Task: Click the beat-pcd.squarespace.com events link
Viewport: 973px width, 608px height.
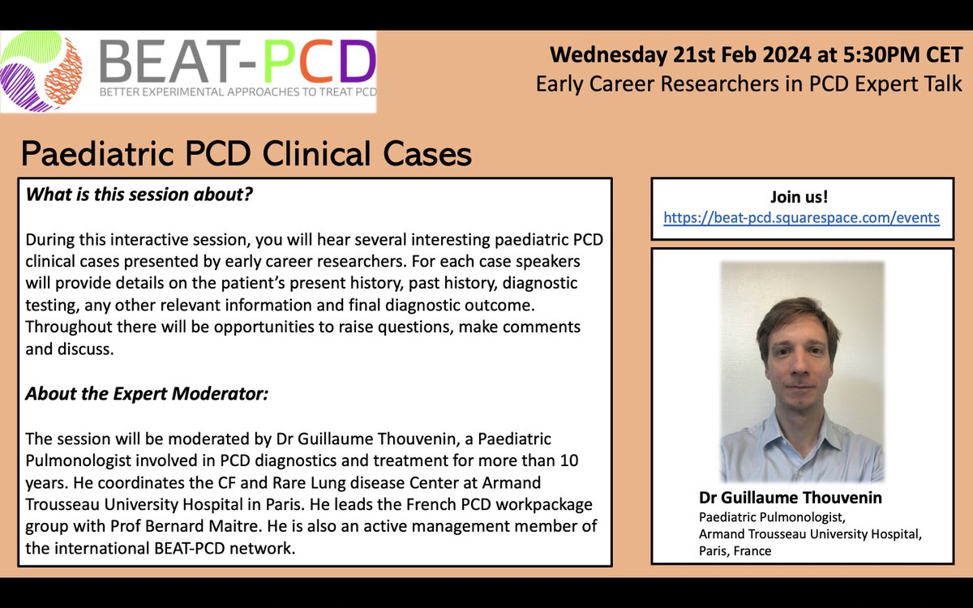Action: click(801, 217)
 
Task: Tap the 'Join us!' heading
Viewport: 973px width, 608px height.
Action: click(801, 197)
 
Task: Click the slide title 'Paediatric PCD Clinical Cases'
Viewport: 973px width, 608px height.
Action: click(246, 152)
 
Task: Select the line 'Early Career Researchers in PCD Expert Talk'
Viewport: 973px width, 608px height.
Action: click(748, 83)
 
